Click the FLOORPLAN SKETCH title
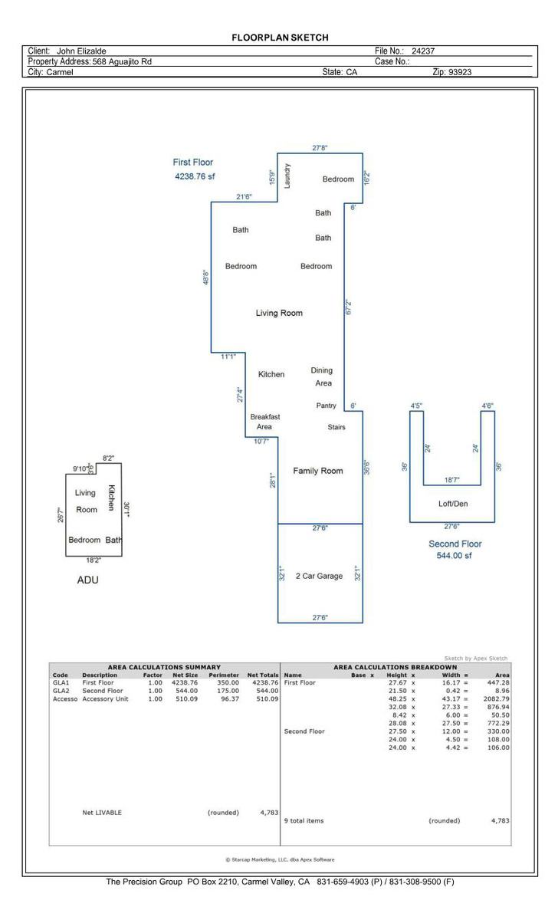(280, 38)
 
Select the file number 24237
(423, 51)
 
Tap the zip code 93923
(460, 72)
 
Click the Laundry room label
(287, 176)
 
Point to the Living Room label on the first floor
(279, 313)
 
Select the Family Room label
(318, 471)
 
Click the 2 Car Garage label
(319, 576)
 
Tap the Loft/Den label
(453, 504)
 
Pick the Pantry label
(326, 406)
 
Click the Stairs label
(336, 427)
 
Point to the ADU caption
(88, 580)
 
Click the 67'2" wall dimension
(349, 307)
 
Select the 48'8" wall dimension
(205, 278)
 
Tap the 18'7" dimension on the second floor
(451, 480)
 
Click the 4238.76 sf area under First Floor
(195, 176)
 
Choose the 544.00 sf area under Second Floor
(454, 555)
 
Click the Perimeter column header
(224, 675)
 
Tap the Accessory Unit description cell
(105, 698)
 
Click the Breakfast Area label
(265, 422)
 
